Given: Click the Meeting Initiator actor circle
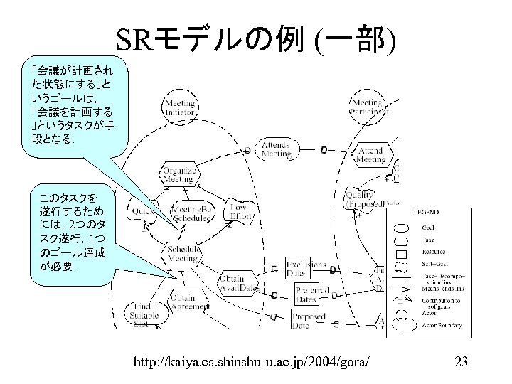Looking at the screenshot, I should coord(179,108).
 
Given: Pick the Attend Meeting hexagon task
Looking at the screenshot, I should coord(370,156).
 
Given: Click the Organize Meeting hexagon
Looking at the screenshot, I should coord(175,174).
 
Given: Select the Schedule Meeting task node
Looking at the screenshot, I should coord(183,255).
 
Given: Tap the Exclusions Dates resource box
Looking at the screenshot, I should coord(306,269).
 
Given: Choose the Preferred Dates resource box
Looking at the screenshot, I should coord(311,294).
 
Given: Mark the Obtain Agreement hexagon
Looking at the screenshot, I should coord(190,302).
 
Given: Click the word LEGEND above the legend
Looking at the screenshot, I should coord(427,212).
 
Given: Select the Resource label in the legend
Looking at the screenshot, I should coord(434,251).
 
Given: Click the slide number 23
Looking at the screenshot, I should coord(460,363).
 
